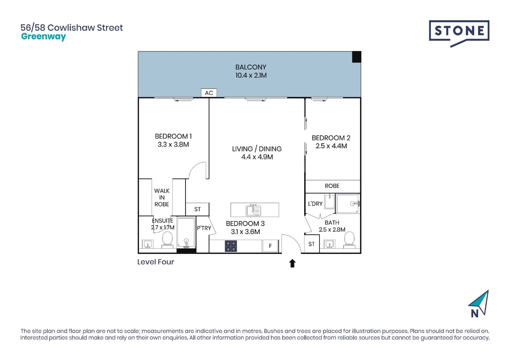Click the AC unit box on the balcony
pos(209,93)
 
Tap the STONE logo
pos(459,32)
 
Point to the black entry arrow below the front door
pos(292,263)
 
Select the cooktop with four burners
pos(230,246)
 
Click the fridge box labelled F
pos(270,246)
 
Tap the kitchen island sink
pos(253,210)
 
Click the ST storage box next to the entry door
pos(312,244)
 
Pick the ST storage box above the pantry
pos(197,209)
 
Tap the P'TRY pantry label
pos(204,228)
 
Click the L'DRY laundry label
pos(315,204)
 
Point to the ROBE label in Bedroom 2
pos(332,186)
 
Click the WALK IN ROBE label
pos(162,197)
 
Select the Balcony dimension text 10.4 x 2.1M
pos(251,75)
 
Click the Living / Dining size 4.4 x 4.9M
pos(257,157)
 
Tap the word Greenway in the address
pos(43,37)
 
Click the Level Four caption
pos(155,262)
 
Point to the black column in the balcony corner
pos(357,57)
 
